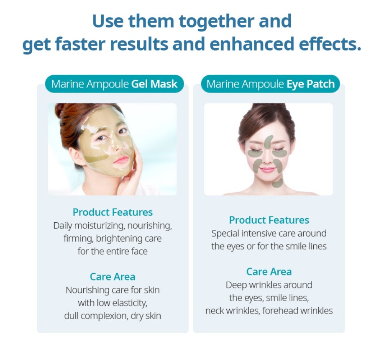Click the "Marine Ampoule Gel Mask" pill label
tap(114, 84)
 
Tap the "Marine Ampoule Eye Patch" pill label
tap(270, 84)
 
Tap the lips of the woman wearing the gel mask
tap(121, 160)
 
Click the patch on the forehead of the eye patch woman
tap(269, 140)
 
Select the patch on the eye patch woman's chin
tap(277, 183)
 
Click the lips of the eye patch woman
tap(268, 170)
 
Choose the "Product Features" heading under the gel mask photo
tap(113, 212)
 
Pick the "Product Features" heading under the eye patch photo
tap(269, 220)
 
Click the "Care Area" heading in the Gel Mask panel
tap(113, 277)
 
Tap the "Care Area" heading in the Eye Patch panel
tap(269, 272)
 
